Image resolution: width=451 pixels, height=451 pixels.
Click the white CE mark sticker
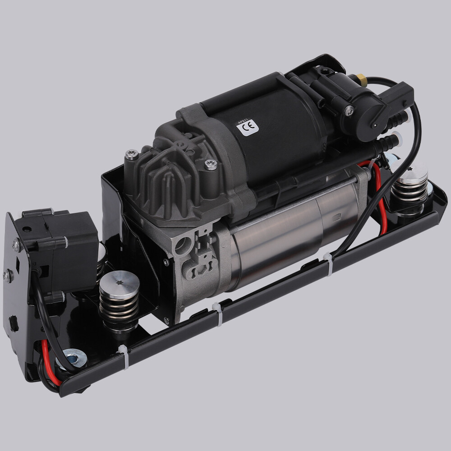coord(248,127)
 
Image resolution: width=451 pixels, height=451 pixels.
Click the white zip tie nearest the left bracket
coord(123,356)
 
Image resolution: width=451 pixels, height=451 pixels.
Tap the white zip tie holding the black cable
coord(329,263)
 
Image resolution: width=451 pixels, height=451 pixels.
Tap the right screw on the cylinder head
coord(211,165)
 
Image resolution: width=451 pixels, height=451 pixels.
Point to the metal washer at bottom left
coord(75,359)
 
